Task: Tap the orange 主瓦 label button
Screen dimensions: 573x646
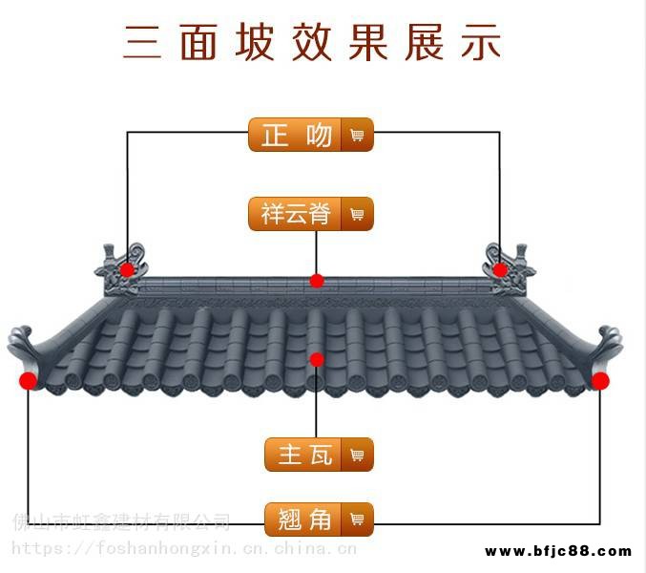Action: point(305,455)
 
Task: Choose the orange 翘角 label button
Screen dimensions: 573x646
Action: point(305,520)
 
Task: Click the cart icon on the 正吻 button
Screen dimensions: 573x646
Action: point(358,135)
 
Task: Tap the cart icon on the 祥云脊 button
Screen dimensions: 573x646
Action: point(358,214)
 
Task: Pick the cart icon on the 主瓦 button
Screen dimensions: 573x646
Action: point(358,455)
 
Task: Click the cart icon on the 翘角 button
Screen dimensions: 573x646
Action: point(358,520)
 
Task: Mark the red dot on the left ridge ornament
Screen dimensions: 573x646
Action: point(127,270)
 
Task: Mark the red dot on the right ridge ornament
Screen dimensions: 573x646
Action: point(500,270)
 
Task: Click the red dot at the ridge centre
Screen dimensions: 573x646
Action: point(317,281)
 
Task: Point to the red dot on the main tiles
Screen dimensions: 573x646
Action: point(317,360)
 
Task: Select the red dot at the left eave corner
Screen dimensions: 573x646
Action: point(28,381)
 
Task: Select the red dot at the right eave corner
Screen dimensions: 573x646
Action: point(599,381)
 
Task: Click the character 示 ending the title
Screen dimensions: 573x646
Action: point(481,42)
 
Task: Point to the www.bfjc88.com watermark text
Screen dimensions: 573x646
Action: point(558,551)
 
